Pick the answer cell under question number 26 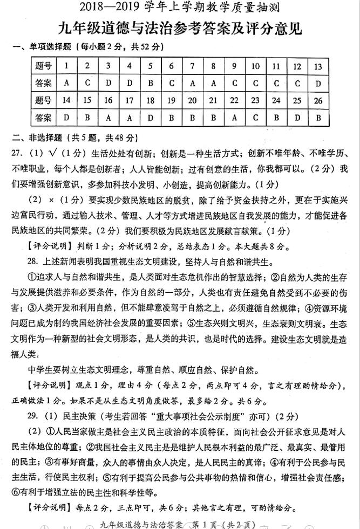tap(318, 117)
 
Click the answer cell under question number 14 tap(66, 117)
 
